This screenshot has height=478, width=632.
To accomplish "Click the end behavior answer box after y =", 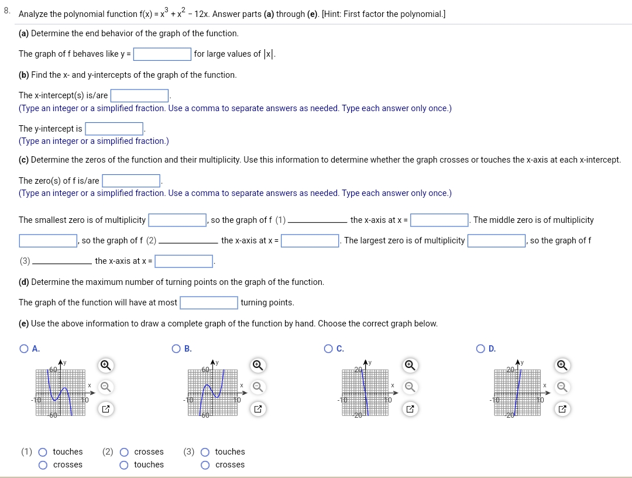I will (162, 54).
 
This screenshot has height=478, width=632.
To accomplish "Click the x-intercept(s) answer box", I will (140, 95).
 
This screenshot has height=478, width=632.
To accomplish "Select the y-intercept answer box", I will (114, 129).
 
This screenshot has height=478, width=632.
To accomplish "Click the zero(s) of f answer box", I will (131, 181).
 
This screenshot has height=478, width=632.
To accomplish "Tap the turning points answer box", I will (208, 302).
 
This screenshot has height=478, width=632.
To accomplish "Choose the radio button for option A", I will (24, 349).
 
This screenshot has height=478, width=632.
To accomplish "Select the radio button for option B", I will (176, 349).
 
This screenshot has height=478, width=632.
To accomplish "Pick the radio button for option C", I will (329, 349).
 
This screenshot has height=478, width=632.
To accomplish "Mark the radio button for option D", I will (481, 349).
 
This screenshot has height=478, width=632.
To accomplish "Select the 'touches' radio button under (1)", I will (43, 452).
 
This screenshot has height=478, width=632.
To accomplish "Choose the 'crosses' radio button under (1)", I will (43, 465).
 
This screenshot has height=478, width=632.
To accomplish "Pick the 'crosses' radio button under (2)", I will (124, 452).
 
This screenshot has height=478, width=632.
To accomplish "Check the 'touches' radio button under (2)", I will (124, 465).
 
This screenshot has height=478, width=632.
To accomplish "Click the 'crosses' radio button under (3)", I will (205, 465).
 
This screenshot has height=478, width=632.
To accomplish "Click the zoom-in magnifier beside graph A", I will (105, 366).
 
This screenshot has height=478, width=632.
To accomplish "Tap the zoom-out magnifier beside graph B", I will (257, 387).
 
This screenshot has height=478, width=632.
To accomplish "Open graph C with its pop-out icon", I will (410, 409).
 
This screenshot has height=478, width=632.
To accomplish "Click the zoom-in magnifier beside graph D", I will (562, 366).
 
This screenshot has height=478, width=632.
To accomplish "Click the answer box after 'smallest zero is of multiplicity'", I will (177, 221).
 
